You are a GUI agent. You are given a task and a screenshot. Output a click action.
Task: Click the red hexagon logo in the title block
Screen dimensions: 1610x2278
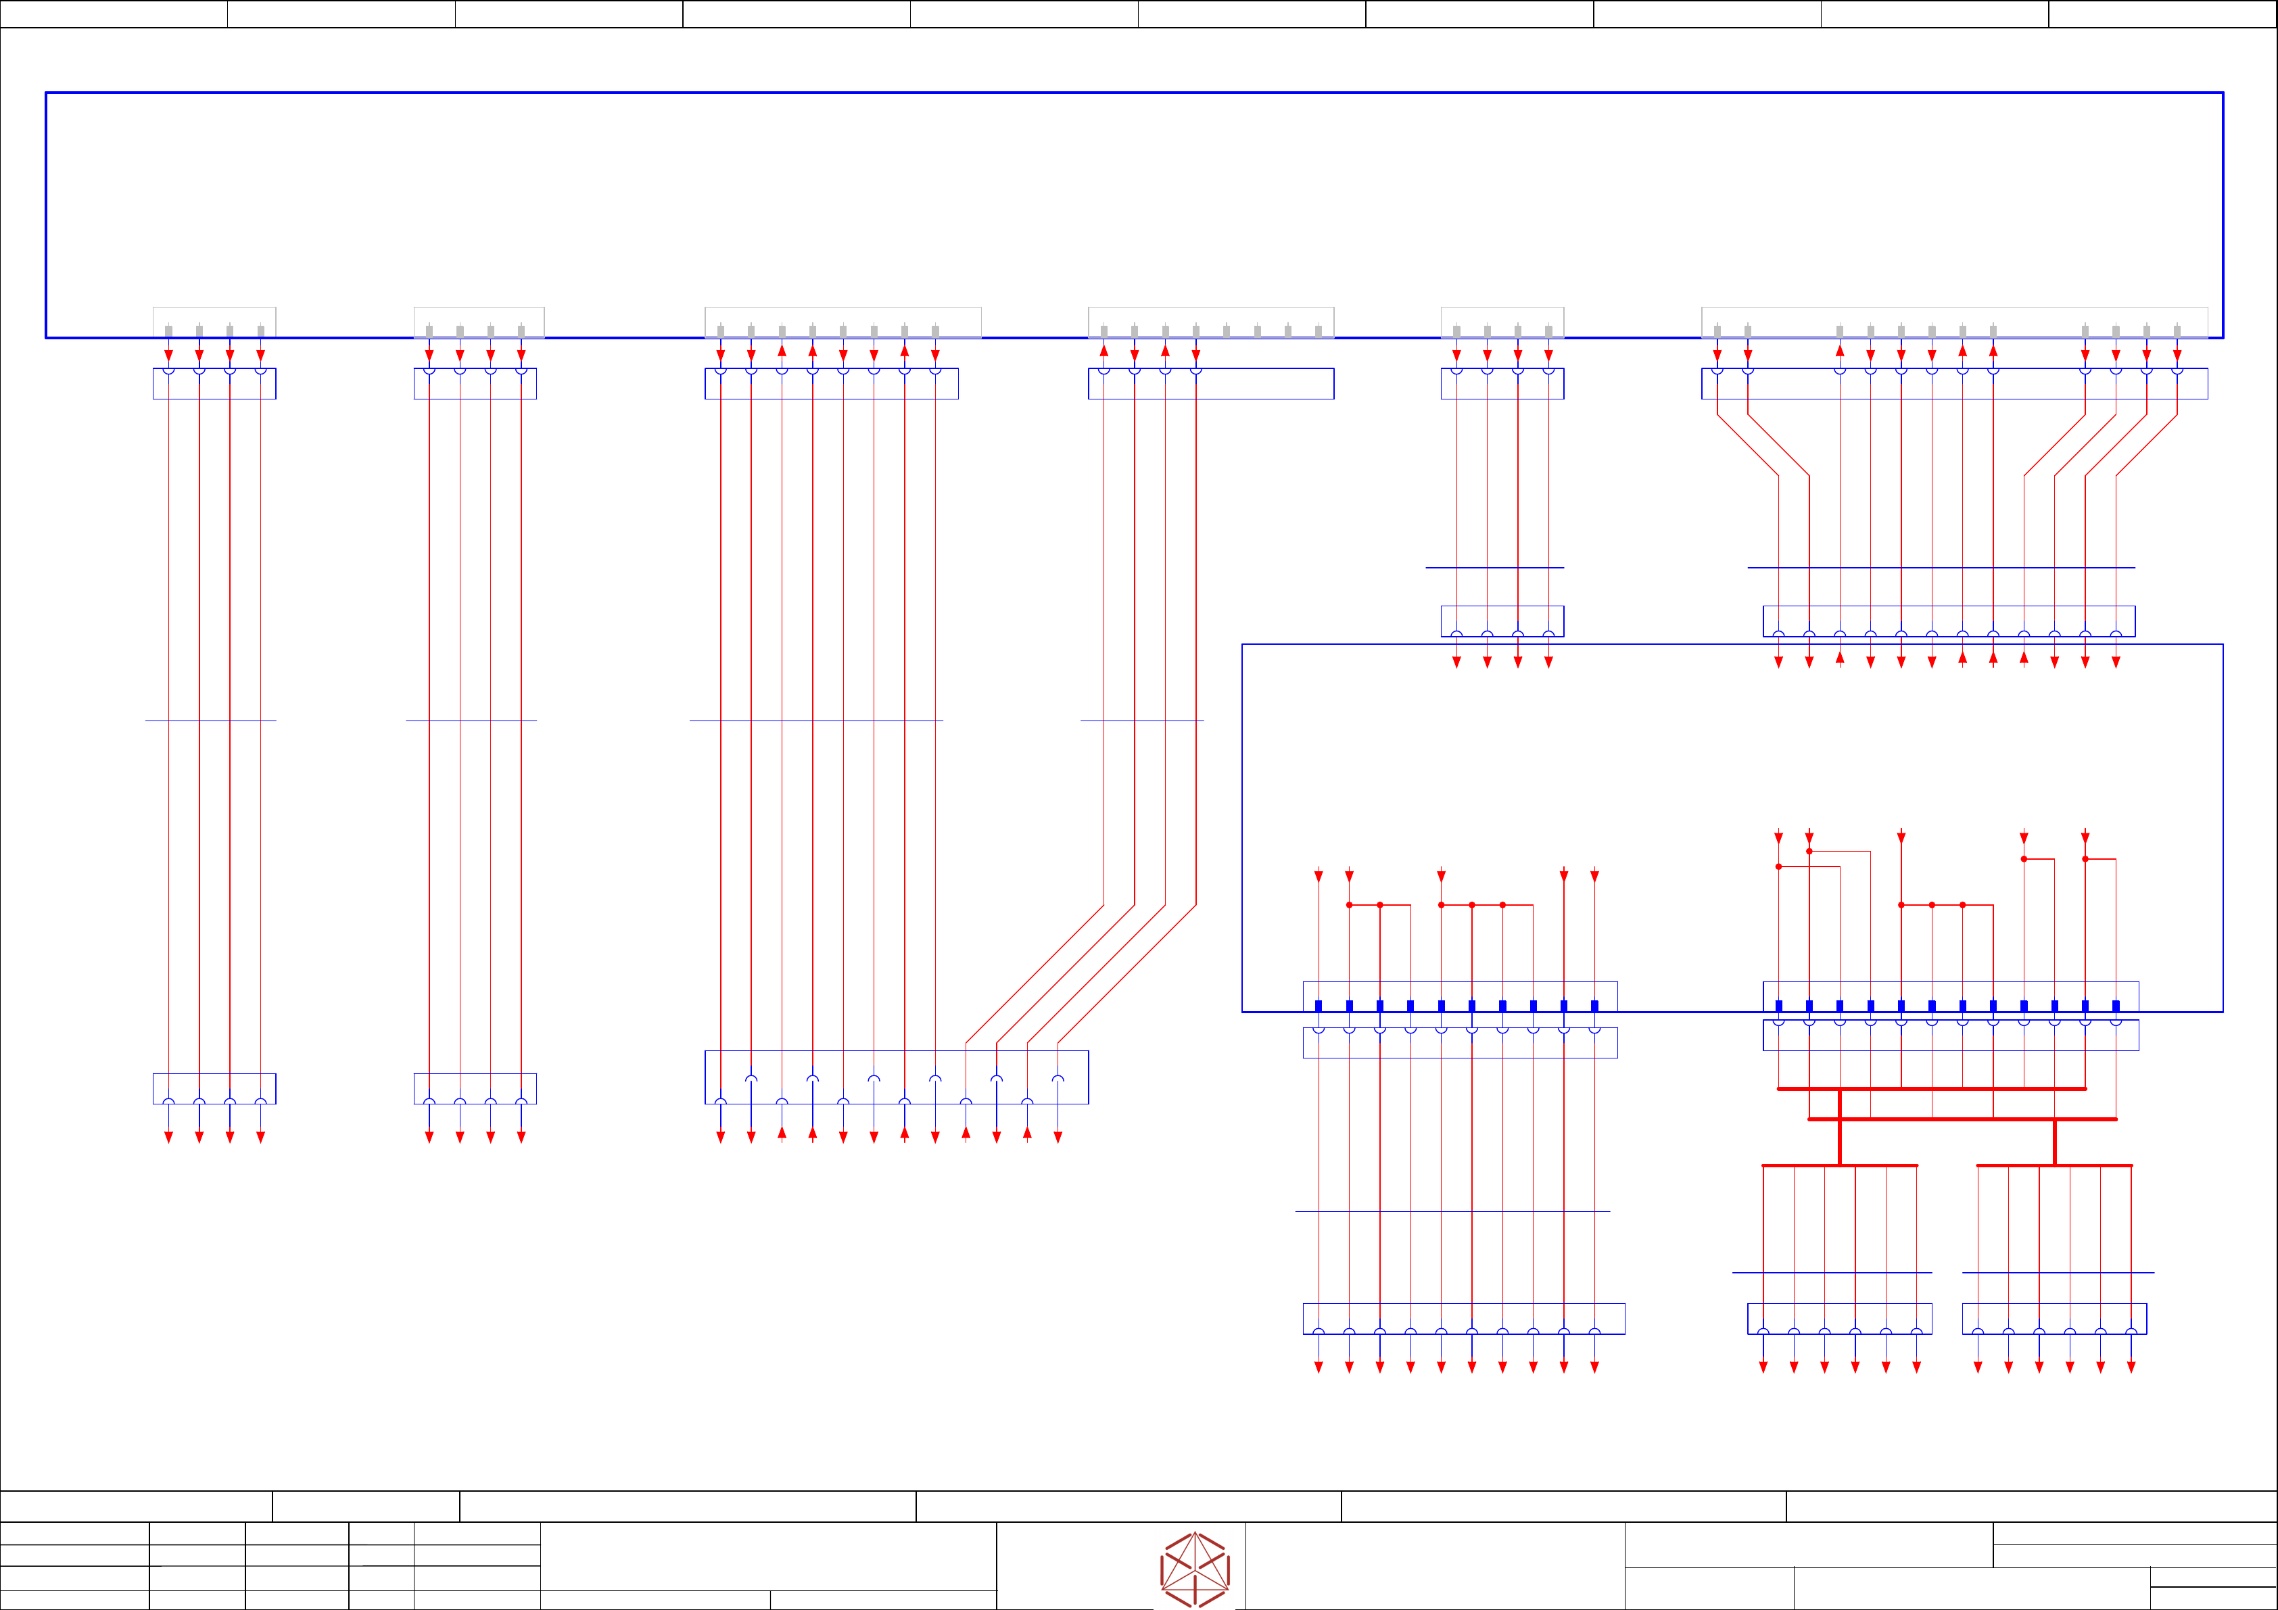pos(1195,1568)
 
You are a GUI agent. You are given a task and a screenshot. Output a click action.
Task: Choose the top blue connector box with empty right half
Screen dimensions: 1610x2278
pos(1210,384)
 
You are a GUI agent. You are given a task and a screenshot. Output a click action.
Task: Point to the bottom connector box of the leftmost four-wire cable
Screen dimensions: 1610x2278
pos(214,1088)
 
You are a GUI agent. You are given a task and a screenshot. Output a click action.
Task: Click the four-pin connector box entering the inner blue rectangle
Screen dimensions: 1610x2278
pos(1502,621)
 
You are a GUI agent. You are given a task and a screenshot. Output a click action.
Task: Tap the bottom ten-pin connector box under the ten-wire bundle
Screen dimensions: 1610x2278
pos(1463,1319)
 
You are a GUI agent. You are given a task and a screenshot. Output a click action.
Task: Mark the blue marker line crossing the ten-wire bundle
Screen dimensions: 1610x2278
pos(1452,1211)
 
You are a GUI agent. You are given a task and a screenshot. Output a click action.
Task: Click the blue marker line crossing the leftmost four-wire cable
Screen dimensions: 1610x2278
pos(210,721)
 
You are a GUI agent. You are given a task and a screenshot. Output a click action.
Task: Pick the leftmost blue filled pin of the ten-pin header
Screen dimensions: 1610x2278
pos(1319,1006)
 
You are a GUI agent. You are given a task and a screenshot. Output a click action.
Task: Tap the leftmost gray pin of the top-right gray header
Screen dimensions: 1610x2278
pos(1717,331)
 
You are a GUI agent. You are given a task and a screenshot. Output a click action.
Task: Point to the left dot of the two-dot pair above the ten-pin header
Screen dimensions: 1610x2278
pos(1350,904)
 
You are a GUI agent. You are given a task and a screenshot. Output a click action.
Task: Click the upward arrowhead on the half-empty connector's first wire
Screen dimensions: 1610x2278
pos(1104,350)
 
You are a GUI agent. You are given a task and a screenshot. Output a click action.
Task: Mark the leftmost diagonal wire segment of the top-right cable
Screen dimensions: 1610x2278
pos(1747,445)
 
